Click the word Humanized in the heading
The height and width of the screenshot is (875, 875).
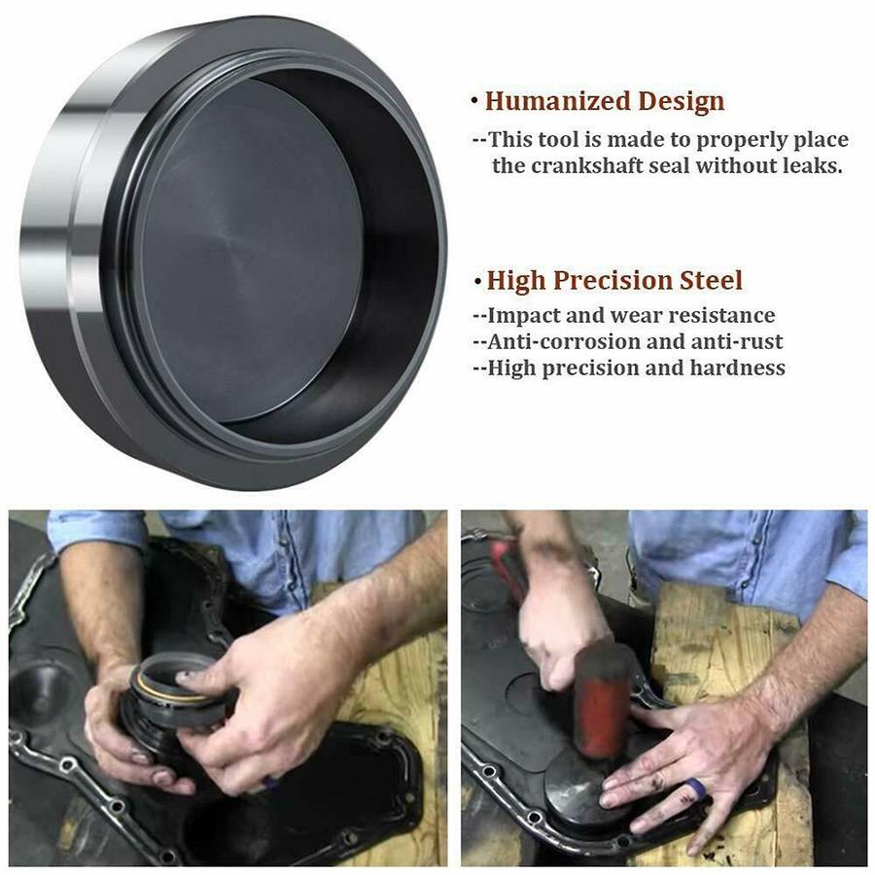tap(557, 101)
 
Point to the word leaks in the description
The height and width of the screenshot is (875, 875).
tap(812, 165)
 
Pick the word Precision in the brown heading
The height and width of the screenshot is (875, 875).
tap(612, 280)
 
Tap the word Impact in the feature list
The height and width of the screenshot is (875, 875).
tap(523, 316)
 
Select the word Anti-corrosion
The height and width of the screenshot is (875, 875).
tap(564, 341)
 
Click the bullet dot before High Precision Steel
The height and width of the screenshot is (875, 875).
tap(477, 281)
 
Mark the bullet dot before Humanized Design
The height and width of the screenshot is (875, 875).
tap(474, 101)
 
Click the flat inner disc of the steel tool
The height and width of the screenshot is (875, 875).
tap(250, 251)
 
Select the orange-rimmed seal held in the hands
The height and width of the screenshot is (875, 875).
tap(174, 692)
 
